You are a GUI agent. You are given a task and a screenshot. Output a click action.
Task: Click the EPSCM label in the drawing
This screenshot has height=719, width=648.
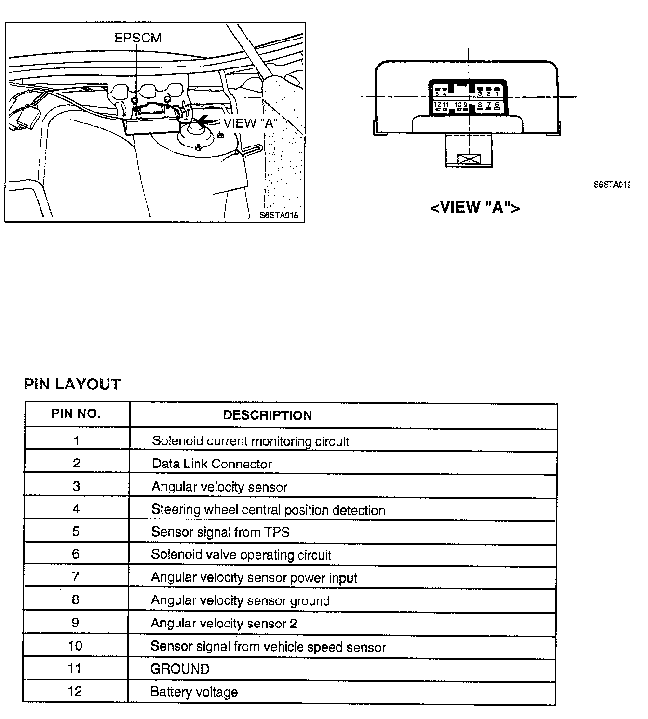(137, 38)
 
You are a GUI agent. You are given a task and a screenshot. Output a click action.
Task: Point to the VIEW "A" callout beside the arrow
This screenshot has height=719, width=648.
(249, 123)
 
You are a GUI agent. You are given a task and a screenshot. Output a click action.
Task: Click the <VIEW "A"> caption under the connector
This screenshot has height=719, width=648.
(475, 207)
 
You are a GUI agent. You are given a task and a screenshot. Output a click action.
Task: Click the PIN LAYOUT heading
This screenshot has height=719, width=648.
(72, 384)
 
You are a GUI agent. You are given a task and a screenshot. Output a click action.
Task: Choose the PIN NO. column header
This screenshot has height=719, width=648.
(76, 414)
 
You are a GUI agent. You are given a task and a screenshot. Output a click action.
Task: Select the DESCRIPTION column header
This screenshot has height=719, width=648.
(267, 415)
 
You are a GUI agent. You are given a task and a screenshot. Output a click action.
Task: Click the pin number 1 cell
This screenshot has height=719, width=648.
(76, 440)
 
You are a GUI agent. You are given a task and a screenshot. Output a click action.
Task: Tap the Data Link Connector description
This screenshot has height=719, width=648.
(212, 464)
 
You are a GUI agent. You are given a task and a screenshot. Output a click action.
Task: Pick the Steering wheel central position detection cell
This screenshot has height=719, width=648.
(268, 510)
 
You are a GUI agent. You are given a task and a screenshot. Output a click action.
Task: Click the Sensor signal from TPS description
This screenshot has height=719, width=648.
(220, 532)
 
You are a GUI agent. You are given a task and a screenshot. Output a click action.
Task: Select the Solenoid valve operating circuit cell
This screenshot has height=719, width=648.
(241, 555)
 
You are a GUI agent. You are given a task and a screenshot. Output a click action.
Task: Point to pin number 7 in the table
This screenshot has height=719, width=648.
(76, 577)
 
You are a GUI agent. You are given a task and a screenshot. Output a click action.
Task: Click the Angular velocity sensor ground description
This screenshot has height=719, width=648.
(240, 600)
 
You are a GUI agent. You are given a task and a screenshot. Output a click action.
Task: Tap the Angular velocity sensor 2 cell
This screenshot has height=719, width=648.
(224, 623)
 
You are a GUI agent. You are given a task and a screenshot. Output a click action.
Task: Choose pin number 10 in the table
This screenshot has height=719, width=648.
(75, 646)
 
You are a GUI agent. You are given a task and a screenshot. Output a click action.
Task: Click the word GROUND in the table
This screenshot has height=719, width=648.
(180, 669)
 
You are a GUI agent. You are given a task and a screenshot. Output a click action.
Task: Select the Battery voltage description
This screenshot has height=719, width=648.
(194, 692)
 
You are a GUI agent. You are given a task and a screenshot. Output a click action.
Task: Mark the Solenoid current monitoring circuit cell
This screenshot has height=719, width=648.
(250, 441)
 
